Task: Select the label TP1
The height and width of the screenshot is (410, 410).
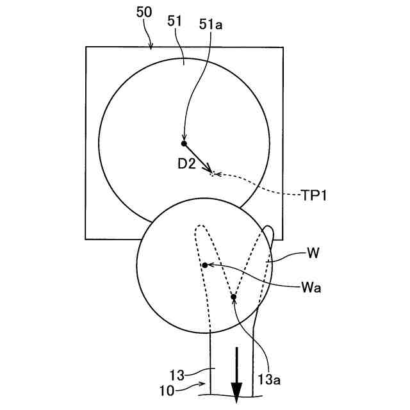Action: click(x=315, y=195)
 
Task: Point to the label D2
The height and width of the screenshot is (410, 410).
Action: click(x=187, y=164)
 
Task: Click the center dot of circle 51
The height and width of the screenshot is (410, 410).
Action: click(x=184, y=143)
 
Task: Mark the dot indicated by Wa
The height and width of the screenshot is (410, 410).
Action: click(x=204, y=265)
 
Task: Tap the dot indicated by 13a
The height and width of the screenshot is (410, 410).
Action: click(x=234, y=297)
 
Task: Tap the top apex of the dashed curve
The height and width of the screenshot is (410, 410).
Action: click(x=200, y=226)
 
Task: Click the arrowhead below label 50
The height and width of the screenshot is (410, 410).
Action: click(x=152, y=45)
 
